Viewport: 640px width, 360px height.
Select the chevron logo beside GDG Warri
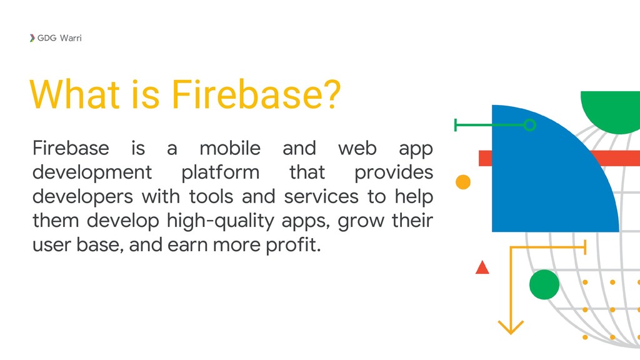[32, 38]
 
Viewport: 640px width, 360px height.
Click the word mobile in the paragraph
[229, 149]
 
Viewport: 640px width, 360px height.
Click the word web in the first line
[358, 149]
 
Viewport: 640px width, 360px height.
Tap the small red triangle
[482, 268]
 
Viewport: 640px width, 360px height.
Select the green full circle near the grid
[544, 285]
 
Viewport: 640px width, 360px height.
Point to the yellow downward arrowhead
[511, 326]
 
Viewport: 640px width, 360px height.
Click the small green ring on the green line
[529, 125]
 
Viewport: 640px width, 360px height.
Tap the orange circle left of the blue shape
[463, 182]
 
